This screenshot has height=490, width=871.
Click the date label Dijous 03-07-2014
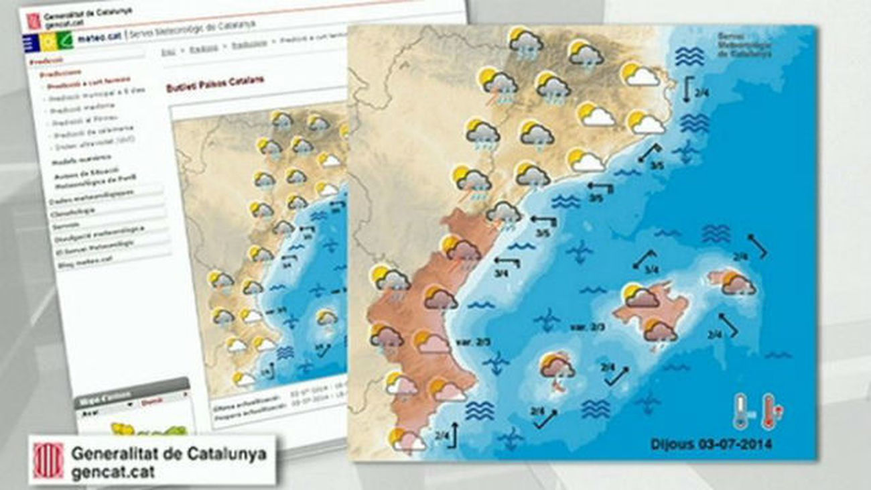point(711,444)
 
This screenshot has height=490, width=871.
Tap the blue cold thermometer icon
point(740,411)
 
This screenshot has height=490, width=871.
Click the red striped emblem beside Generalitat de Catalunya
point(48,460)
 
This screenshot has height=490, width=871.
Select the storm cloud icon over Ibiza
point(557,368)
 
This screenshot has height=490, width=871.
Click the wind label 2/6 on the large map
point(537,411)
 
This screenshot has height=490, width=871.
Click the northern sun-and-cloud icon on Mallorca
point(639,295)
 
